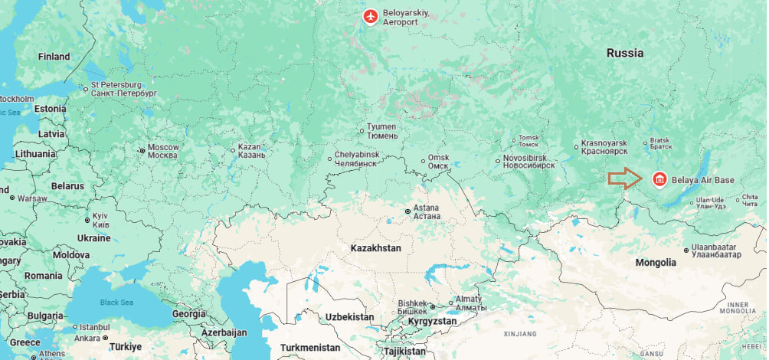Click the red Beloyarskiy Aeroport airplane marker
(x=371, y=15)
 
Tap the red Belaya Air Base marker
(x=658, y=180)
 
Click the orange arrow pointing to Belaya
(x=625, y=179)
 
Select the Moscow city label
(x=162, y=151)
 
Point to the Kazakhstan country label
(x=375, y=249)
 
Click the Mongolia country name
(x=656, y=263)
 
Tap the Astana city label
(x=427, y=211)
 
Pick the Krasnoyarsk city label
(x=604, y=147)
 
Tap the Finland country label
(x=54, y=56)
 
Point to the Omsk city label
(x=438, y=162)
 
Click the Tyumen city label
(x=382, y=131)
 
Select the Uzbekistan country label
(x=349, y=316)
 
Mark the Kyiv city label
(x=100, y=220)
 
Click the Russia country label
(x=625, y=53)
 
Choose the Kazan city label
(x=251, y=150)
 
